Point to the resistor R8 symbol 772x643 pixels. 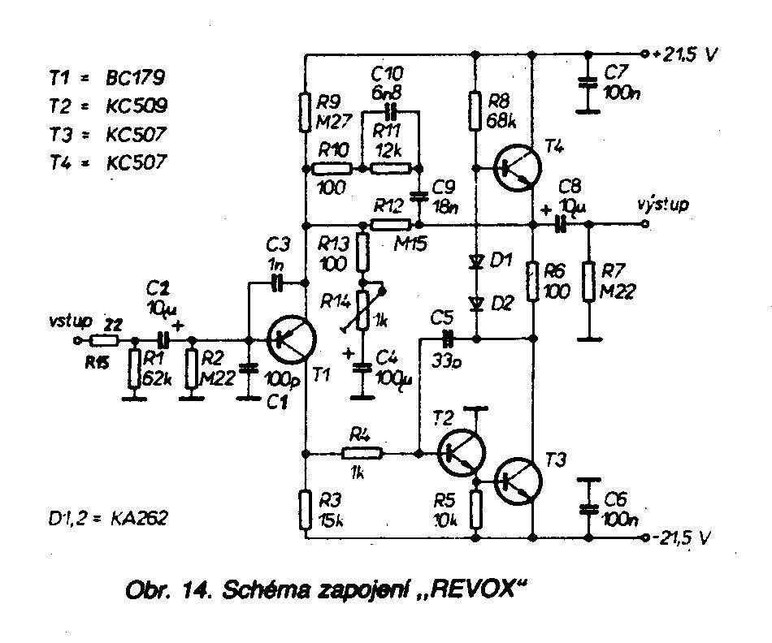[x=475, y=111]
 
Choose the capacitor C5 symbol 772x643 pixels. [x=446, y=335]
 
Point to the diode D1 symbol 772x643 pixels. [x=475, y=262]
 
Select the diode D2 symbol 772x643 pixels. [x=475, y=303]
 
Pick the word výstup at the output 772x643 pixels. [x=663, y=205]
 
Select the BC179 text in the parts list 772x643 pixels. [x=133, y=79]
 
